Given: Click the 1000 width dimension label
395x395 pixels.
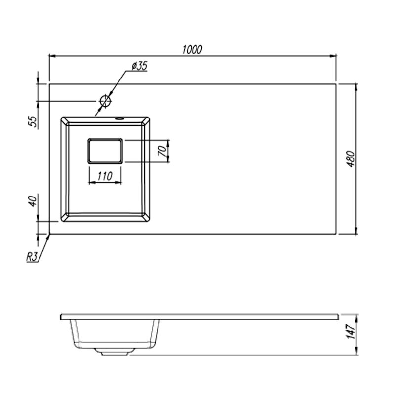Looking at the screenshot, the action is pos(192,50).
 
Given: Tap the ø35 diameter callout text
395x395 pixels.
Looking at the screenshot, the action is pos(139,66).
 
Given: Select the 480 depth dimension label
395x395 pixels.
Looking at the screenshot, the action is pos(351,159).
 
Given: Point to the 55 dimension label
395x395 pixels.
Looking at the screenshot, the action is pos(33,121).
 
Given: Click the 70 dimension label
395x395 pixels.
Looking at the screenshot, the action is pos(163,151).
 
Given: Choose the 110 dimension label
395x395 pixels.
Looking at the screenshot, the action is pos(105,176).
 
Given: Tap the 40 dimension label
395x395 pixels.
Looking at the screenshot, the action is pos(33,201).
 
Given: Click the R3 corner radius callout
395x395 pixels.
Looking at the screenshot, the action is pos(32,257).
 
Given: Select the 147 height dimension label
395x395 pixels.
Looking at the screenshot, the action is pos(351,331).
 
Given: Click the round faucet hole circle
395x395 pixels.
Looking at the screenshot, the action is pos(105,101).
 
